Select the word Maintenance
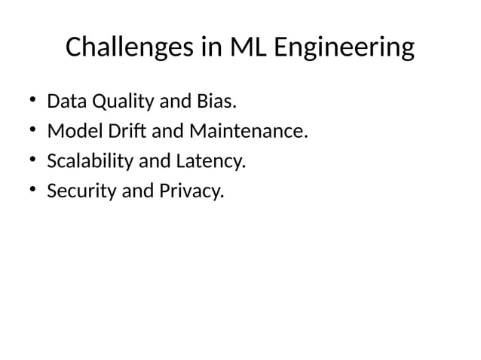click(248, 132)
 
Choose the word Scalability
click(87, 162)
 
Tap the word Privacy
click(191, 192)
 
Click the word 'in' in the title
click(211, 48)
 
